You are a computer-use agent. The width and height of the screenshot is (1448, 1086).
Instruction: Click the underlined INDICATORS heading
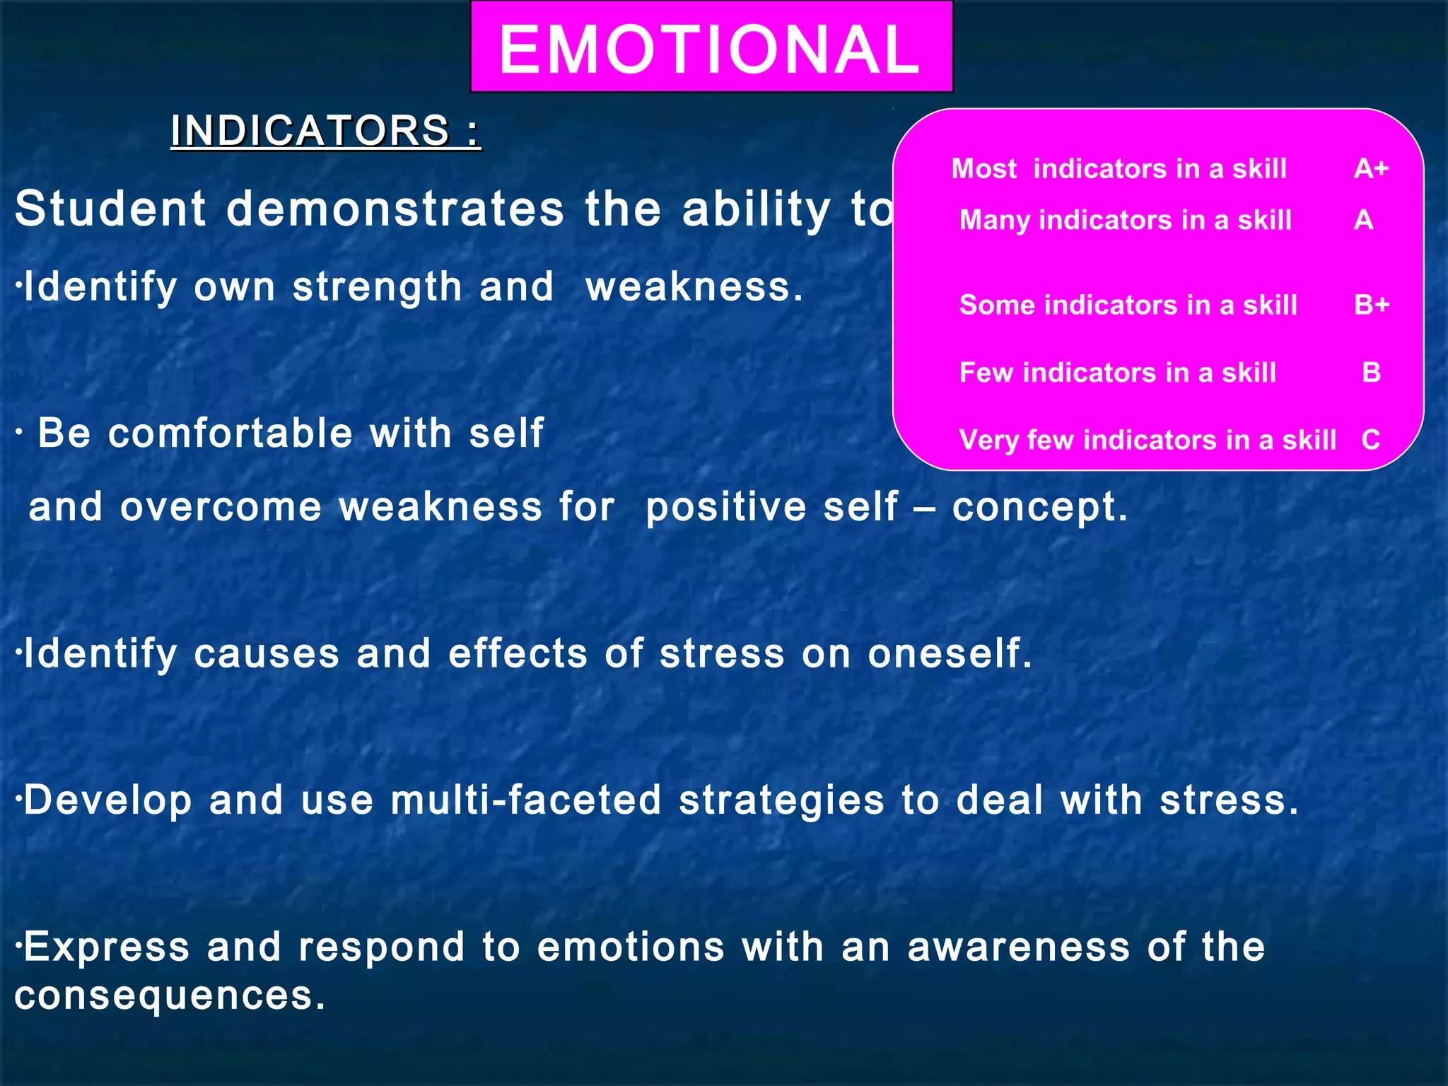tap(325, 131)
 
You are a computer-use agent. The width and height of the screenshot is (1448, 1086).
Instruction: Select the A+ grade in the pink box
tap(1371, 169)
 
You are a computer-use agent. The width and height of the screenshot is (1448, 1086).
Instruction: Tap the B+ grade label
tap(1372, 305)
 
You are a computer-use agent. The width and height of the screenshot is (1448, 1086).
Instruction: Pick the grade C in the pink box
tap(1371, 440)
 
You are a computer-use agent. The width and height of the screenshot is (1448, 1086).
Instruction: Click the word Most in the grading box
tap(983, 169)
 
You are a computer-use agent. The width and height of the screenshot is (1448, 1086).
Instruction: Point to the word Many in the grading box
tap(994, 220)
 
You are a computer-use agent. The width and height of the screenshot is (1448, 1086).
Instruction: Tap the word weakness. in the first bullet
tap(695, 287)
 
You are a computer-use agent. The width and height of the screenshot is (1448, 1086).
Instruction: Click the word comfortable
tap(230, 433)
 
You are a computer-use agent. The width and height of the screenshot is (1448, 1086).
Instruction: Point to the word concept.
tap(1039, 508)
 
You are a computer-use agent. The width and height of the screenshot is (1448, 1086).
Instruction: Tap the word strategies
tap(781, 800)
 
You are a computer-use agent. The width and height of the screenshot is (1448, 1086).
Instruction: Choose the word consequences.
tap(170, 995)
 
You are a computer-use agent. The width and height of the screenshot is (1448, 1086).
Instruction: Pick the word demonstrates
tap(395, 209)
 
